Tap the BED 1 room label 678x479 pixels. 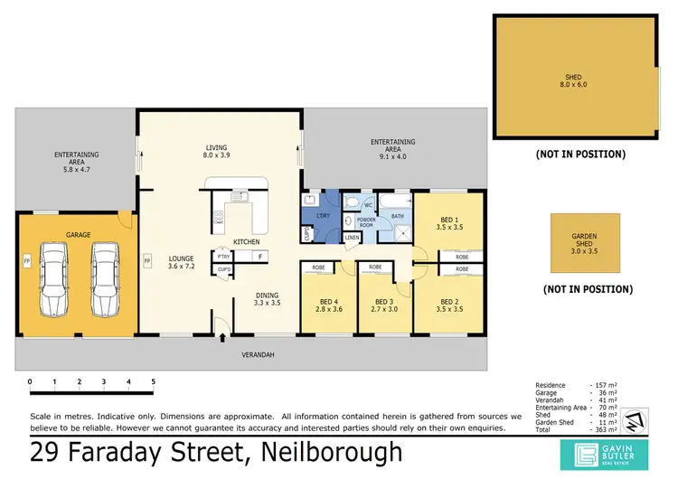[x=447, y=223]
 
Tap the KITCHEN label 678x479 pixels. [x=247, y=242]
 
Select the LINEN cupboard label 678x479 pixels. [x=352, y=238]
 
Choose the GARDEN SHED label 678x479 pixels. [x=585, y=241]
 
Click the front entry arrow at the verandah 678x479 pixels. [x=222, y=339]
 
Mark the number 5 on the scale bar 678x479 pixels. [x=153, y=381]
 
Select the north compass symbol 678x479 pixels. [x=635, y=421]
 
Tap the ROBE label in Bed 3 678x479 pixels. [x=374, y=268]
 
